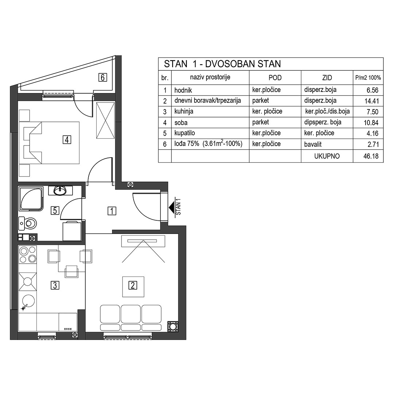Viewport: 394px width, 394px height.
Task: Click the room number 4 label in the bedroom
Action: click(67, 139)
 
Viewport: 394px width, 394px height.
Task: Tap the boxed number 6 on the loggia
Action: click(103, 77)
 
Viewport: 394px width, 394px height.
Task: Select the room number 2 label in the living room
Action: click(133, 285)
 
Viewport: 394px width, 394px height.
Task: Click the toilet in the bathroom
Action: click(28, 223)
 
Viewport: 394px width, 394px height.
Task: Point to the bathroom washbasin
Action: click(60, 190)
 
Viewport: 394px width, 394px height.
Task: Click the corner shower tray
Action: click(31, 198)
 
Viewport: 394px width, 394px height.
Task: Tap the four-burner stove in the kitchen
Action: click(28, 255)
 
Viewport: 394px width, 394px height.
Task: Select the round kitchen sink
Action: click(28, 301)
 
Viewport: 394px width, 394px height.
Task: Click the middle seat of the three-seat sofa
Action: click(131, 314)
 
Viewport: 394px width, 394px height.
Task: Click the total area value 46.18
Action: click(371, 156)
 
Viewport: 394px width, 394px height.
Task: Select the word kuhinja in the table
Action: click(184, 112)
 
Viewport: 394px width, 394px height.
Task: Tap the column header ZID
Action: click(327, 78)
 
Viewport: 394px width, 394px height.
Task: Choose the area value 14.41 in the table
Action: click(371, 101)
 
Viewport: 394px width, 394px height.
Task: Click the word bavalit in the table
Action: click(313, 144)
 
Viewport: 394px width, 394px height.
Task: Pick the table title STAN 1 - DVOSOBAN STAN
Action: click(223, 64)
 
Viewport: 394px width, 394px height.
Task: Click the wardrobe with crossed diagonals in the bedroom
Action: click(105, 120)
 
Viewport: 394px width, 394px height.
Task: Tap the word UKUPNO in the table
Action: click(327, 156)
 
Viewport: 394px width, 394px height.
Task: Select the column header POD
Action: click(275, 78)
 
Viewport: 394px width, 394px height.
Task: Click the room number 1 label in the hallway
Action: click(112, 211)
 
